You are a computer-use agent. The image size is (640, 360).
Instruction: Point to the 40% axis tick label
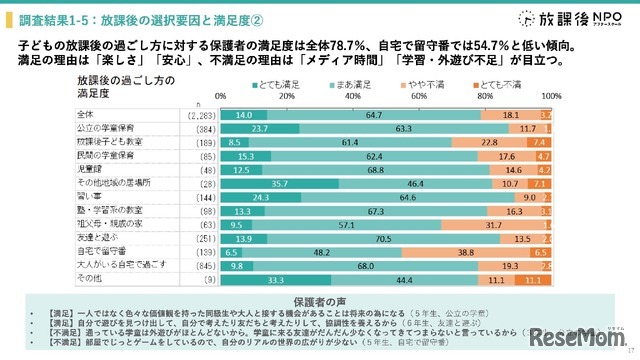click(352, 96)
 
